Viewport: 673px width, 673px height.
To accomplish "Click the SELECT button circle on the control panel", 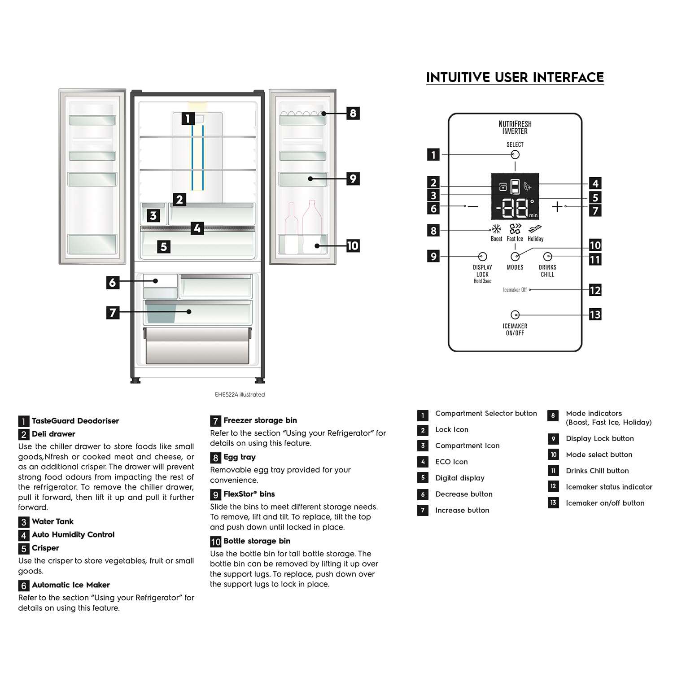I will (x=515, y=154).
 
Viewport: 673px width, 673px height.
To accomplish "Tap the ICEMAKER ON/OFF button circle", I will (x=515, y=315).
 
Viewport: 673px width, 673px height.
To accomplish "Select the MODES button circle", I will (x=515, y=257).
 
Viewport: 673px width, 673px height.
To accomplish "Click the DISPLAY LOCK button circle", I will (x=483, y=257).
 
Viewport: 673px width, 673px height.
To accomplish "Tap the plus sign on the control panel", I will (x=557, y=206).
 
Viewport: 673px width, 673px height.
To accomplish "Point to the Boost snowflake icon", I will (x=496, y=229).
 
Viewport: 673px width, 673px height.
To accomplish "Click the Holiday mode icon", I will (x=535, y=229).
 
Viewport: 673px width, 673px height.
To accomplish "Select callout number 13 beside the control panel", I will (x=595, y=315).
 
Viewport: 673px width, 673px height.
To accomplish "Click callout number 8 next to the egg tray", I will (x=353, y=113).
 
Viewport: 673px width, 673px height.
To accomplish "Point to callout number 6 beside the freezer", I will (x=113, y=282).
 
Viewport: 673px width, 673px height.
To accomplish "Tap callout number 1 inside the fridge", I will (x=188, y=118).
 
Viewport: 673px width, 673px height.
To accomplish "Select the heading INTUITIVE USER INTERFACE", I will (x=515, y=78).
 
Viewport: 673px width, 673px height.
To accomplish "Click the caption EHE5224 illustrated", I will (x=240, y=395).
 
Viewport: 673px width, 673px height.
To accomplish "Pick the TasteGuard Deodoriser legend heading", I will (x=75, y=421).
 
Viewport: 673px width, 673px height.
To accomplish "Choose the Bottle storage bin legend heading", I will (x=257, y=541).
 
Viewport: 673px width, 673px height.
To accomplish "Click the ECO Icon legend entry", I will (x=451, y=462).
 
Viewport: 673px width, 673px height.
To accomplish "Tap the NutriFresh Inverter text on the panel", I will (x=515, y=127).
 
